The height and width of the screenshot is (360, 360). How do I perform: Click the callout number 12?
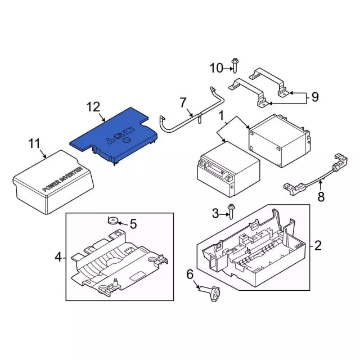click(93, 107)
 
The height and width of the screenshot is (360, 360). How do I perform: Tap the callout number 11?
click(34, 144)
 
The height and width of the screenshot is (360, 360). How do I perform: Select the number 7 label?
click(183, 102)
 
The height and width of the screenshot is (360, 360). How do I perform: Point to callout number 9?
click(315, 97)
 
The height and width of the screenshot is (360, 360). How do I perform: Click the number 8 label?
click(321, 197)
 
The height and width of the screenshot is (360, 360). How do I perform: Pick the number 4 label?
click(58, 257)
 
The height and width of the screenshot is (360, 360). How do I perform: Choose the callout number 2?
click(318, 246)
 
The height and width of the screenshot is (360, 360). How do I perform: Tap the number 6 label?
click(190, 274)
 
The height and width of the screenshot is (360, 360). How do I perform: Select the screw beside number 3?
click(231, 211)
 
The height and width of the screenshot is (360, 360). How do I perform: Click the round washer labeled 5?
click(113, 220)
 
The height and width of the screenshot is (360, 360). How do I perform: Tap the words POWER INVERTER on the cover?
click(62, 179)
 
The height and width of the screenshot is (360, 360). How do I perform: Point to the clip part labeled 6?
click(210, 293)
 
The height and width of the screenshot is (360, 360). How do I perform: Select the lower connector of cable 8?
click(294, 188)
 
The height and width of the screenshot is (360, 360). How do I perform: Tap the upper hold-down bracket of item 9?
click(269, 82)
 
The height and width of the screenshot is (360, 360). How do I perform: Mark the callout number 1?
click(221, 116)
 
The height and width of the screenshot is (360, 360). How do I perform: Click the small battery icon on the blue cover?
click(127, 130)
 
